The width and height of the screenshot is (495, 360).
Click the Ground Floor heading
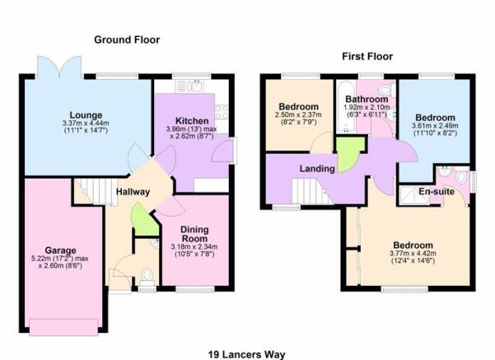tap(127, 40)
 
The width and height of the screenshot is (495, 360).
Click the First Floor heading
tap(367, 57)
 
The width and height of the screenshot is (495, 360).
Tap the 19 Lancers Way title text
tap(246, 354)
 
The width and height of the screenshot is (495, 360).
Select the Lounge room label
tap(86, 115)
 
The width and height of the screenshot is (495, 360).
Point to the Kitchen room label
tap(192, 121)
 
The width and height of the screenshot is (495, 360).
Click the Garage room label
tap(60, 250)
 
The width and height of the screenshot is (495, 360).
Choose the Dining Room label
tap(194, 234)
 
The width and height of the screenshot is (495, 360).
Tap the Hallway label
tap(133, 192)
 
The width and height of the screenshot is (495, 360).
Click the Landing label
tap(317, 169)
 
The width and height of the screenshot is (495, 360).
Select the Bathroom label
tap(367, 99)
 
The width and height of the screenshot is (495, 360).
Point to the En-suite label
tap(437, 191)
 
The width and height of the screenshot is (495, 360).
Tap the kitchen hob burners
tap(222, 112)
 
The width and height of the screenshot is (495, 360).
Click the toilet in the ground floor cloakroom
tap(147, 275)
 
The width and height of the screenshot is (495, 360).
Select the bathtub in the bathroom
tap(346, 107)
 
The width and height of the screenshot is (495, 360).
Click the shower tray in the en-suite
tap(413, 196)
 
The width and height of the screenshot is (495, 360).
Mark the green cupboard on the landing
tap(349, 153)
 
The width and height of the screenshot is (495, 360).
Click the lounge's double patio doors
tap(60, 67)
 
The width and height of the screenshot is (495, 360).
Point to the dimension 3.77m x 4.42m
tap(413, 253)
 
